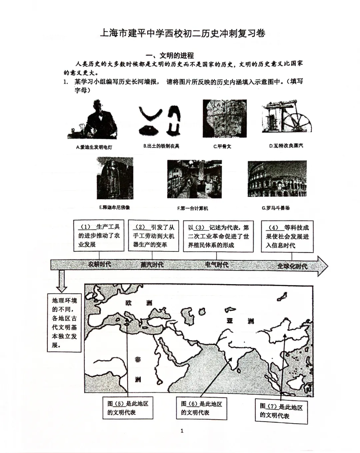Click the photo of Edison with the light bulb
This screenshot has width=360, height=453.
tap(93, 119)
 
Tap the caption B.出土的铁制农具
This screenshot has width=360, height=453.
tap(161, 146)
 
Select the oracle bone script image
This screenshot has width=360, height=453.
tap(225, 118)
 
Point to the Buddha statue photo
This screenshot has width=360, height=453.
tap(115, 178)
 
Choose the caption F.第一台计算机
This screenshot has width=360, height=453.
tap(192, 208)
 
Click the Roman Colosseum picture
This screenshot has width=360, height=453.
tap(277, 179)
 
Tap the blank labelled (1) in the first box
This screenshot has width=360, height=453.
tap(86, 227)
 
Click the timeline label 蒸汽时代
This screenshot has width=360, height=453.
tap(152, 265)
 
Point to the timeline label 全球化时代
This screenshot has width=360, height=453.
tap(292, 266)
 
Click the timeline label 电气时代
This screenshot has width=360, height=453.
tap(217, 265)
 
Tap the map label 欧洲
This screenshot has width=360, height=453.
tap(139, 303)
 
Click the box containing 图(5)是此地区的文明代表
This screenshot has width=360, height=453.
tap(128, 408)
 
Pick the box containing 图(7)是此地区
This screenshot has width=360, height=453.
tap(281, 411)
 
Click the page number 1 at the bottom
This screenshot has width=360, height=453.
tap(182, 431)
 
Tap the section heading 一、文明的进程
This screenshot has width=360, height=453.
tap(170, 56)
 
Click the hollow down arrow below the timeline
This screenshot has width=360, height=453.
tap(61, 281)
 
